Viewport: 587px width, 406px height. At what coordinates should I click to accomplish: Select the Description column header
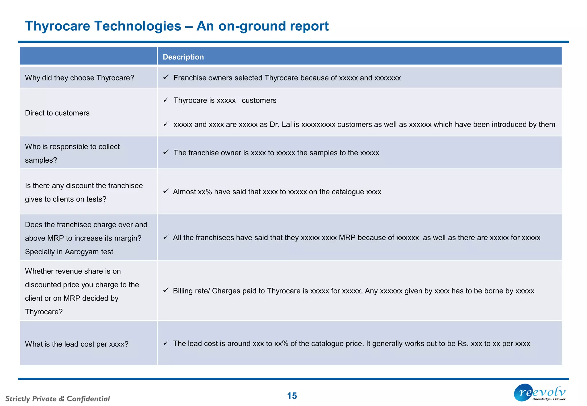pyautogui.click(x=183, y=57)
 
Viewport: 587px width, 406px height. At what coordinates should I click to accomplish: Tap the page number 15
pyautogui.click(x=292, y=396)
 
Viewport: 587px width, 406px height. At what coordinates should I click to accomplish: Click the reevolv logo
pyautogui.click(x=540, y=393)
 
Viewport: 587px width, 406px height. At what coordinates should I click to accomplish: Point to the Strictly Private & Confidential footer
pyautogui.click(x=58, y=399)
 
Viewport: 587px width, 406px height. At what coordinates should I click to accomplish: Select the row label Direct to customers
pyautogui.click(x=57, y=113)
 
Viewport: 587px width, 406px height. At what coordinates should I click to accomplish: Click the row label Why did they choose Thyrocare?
pyautogui.click(x=79, y=78)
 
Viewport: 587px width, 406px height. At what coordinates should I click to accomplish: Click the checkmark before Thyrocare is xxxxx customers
pyautogui.click(x=166, y=100)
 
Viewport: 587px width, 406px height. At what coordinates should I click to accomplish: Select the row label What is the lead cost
pyautogui.click(x=77, y=344)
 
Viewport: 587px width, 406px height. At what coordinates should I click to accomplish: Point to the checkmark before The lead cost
pyautogui.click(x=166, y=343)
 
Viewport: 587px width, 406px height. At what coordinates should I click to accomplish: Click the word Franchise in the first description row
pyautogui.click(x=189, y=78)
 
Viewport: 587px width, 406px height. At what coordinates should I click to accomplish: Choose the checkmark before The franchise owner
pyautogui.click(x=166, y=152)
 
